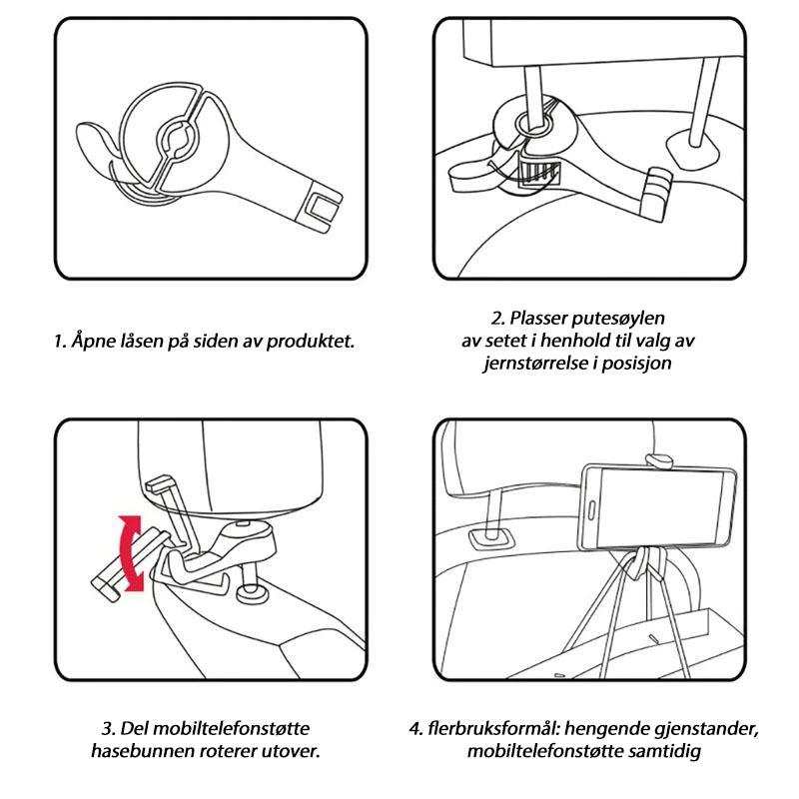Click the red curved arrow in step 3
point(130,554)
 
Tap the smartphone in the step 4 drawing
point(658,507)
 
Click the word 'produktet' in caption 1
point(311,341)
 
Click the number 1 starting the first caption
point(59,341)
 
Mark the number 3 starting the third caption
point(108,728)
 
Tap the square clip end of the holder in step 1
point(322,209)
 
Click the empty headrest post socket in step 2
point(691,146)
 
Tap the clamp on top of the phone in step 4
point(659,461)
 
